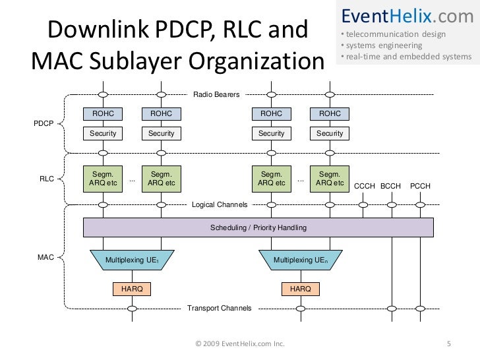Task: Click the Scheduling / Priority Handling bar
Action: point(258,227)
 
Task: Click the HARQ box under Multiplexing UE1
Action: point(132,289)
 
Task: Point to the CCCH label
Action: point(365,186)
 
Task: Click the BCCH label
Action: point(391,186)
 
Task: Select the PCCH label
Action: point(420,186)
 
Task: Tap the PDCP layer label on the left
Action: point(43,123)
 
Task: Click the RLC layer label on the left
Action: point(47,177)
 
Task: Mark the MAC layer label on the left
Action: point(45,257)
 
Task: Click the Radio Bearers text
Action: point(216,96)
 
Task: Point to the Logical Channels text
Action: point(220,205)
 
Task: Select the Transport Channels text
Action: point(219,308)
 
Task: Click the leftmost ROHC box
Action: point(103,114)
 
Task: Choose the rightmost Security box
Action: point(330,133)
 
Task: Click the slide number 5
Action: point(449,343)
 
